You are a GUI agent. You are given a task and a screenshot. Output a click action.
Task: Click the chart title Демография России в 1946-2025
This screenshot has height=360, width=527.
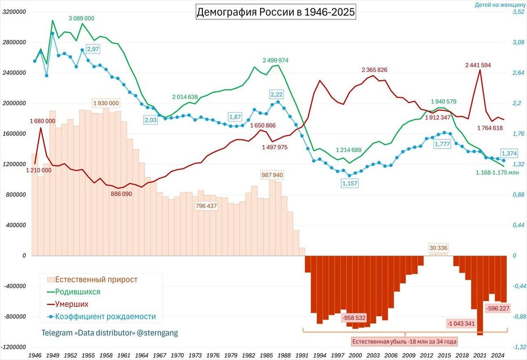pyautogui.click(x=275, y=12)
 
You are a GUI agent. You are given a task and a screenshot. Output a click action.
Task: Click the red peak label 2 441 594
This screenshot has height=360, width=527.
pyautogui.click(x=478, y=65)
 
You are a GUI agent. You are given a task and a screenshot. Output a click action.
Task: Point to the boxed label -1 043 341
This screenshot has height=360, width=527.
pyautogui.click(x=460, y=324)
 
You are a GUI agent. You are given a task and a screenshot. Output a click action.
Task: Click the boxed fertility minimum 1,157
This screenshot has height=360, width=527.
pyautogui.click(x=350, y=183)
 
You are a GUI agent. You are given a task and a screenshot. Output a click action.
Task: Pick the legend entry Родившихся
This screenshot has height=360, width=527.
pyautogui.click(x=77, y=292)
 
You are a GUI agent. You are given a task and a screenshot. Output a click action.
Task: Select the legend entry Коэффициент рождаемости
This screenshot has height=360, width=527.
pyautogui.click(x=105, y=316)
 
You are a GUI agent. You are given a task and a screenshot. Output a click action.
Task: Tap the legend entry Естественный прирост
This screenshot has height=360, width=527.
pyautogui.click(x=96, y=280)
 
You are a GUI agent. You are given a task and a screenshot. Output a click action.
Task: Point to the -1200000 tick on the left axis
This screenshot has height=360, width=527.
pyautogui.click(x=13, y=347)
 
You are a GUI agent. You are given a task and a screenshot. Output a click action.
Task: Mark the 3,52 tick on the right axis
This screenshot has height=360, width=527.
pyautogui.click(x=518, y=12)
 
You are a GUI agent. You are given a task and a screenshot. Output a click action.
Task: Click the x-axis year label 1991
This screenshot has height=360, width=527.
pyautogui.click(x=301, y=354)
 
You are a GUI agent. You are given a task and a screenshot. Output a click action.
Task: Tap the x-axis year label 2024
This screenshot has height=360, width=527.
pyautogui.click(x=497, y=354)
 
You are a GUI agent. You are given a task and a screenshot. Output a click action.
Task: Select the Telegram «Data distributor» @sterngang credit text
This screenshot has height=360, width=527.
pyautogui.click(x=110, y=333)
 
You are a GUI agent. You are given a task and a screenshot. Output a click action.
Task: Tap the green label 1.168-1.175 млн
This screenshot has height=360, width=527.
pyautogui.click(x=497, y=173)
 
